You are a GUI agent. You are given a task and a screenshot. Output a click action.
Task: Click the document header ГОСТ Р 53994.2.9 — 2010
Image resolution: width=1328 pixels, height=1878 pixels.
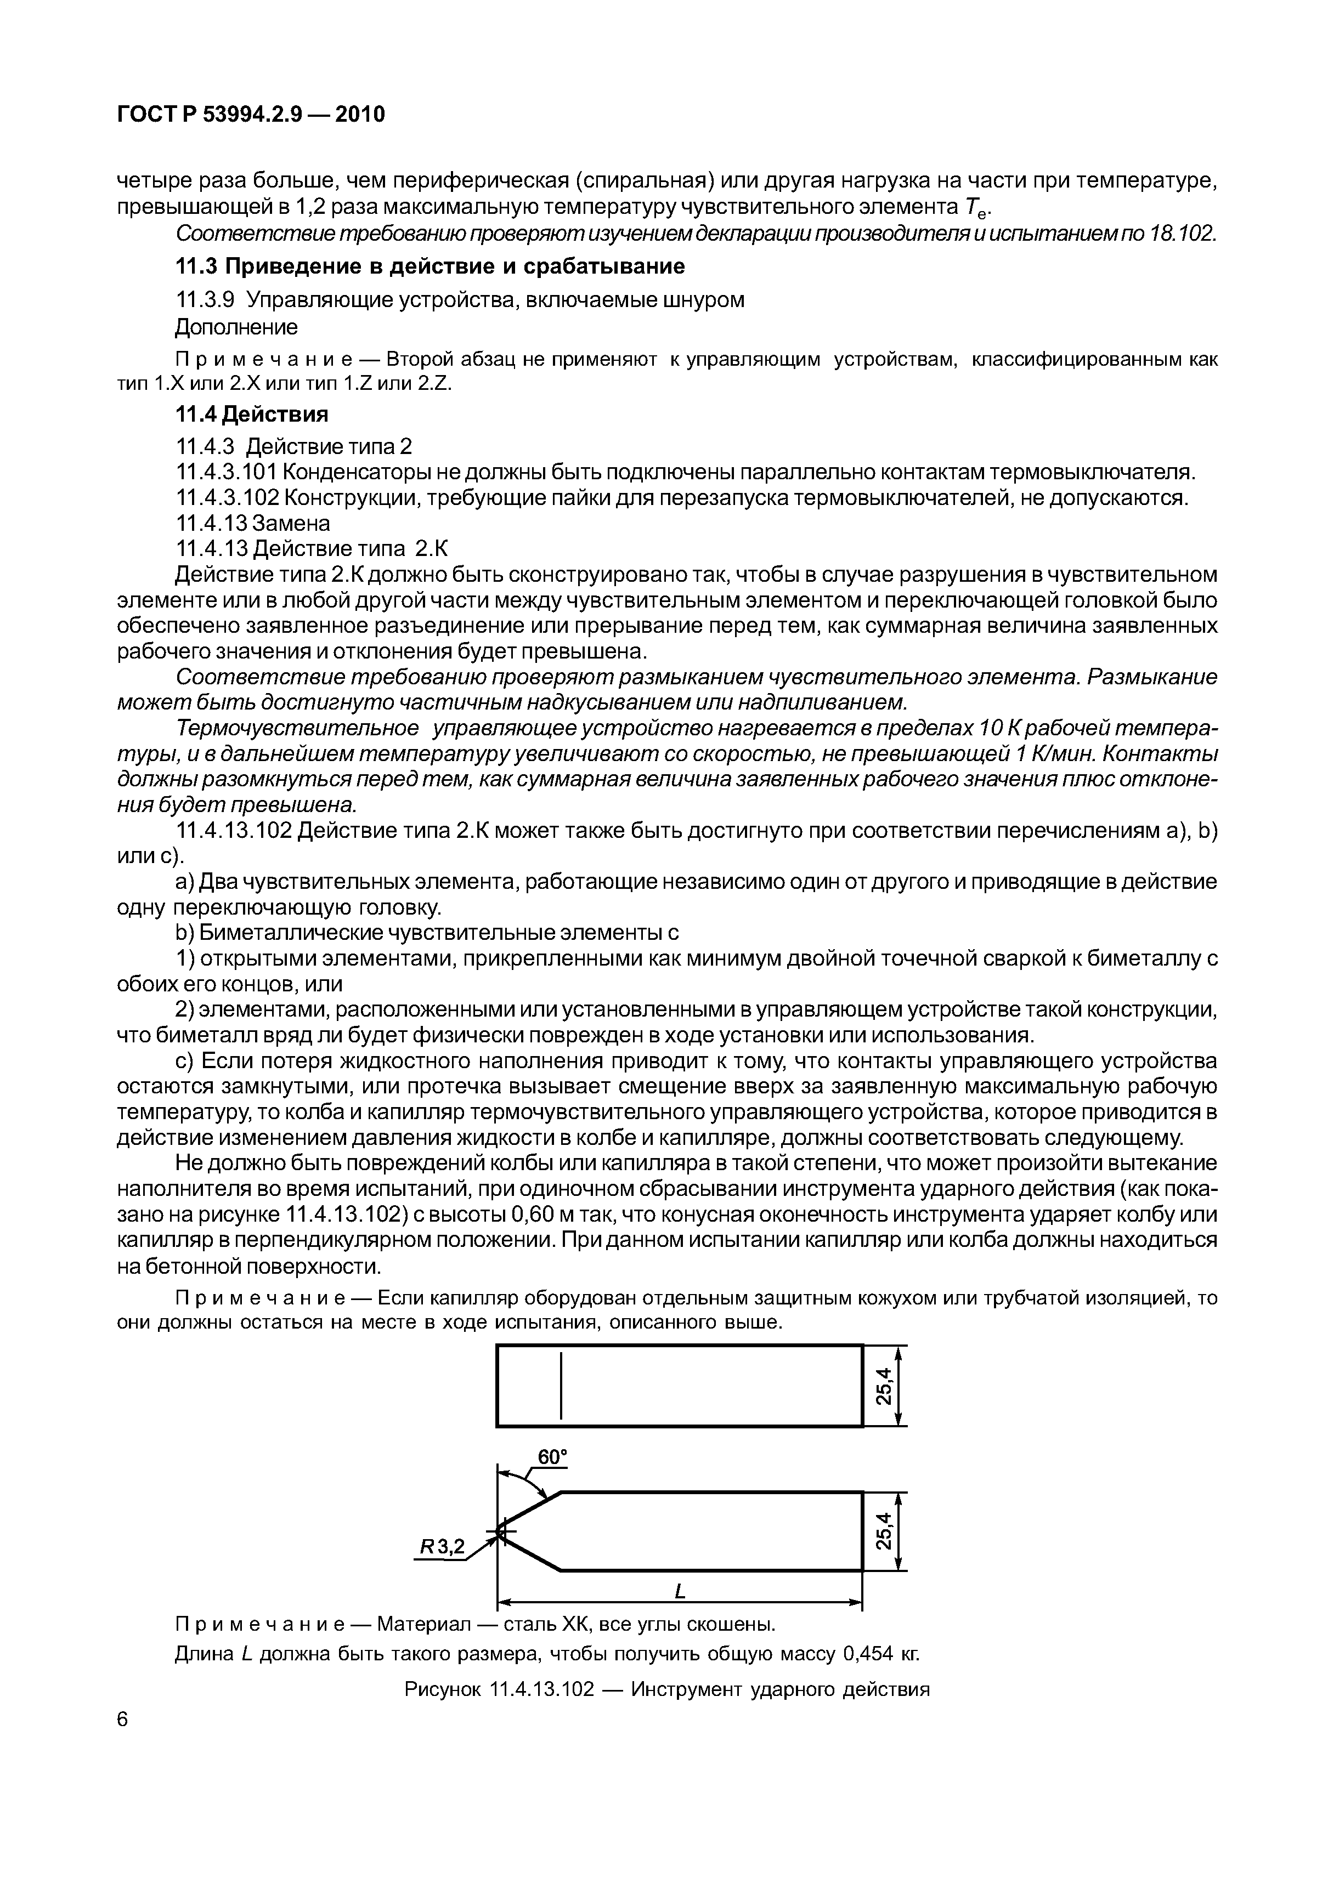250,115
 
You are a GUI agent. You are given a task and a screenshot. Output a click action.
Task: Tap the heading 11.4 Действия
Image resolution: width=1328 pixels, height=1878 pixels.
252,415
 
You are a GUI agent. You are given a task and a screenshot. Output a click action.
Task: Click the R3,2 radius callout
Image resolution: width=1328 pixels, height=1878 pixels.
442,1546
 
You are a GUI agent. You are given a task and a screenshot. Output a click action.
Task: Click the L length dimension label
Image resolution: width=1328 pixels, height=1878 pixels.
679,1592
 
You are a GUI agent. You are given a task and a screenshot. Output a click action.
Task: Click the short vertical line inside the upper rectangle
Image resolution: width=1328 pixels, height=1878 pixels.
561,1386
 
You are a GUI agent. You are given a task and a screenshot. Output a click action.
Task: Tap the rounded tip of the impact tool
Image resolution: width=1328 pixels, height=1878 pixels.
500,1530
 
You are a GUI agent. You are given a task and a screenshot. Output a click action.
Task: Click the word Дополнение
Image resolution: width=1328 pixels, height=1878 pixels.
236,327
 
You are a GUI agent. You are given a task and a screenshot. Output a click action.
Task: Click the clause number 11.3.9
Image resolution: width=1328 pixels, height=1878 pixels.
205,300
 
